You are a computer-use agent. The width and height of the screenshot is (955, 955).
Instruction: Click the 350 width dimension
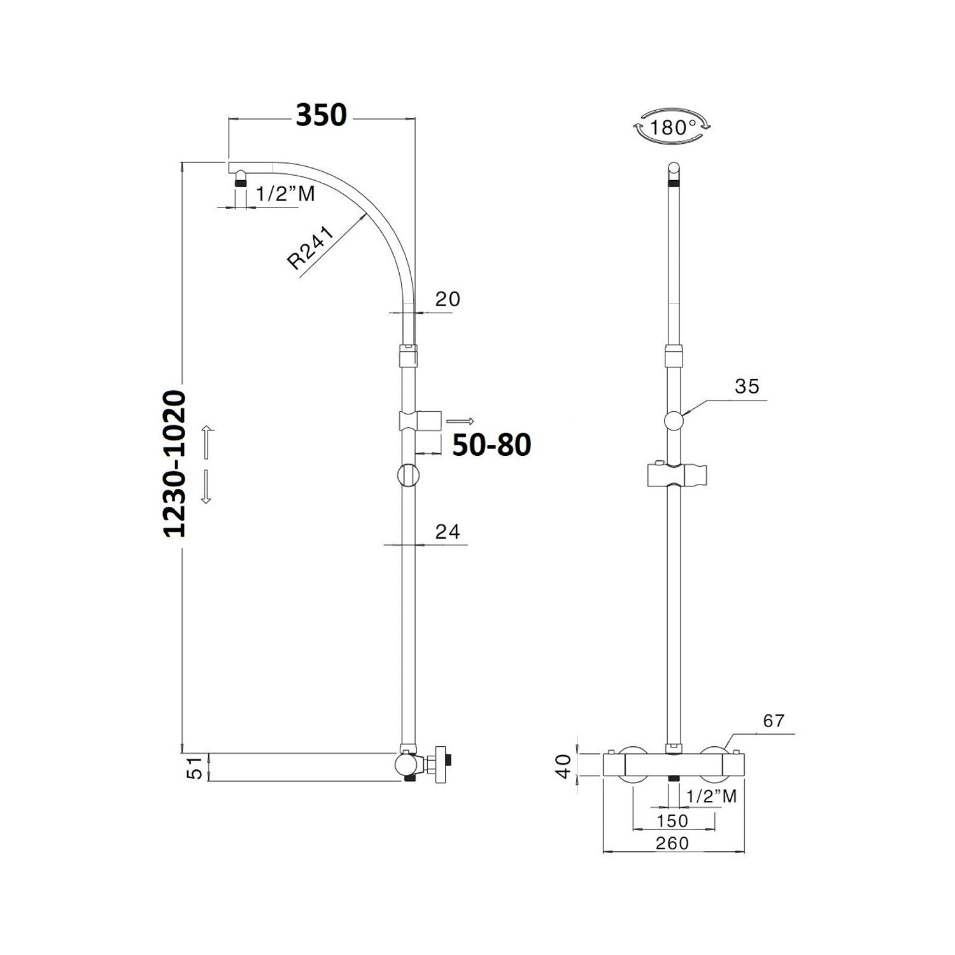pyautogui.click(x=322, y=115)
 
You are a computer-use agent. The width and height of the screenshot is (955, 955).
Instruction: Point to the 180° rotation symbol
pyautogui.click(x=672, y=127)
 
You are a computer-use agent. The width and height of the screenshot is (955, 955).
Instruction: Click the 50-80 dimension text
pyautogui.click(x=492, y=446)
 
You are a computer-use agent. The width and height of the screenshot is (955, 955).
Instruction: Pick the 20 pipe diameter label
pyautogui.click(x=448, y=299)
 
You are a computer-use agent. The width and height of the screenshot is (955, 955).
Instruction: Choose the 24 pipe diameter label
pyautogui.click(x=448, y=531)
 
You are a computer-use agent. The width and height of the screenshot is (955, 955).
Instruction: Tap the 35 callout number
pyautogui.click(x=747, y=386)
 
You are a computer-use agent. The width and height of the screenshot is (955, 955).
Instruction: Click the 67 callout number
pyautogui.click(x=774, y=721)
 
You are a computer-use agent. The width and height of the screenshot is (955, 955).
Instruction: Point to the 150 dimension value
pyautogui.click(x=672, y=821)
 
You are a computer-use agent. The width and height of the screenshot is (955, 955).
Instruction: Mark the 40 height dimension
pyautogui.click(x=562, y=765)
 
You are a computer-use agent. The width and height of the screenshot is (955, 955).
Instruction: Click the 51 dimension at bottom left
pyautogui.click(x=197, y=767)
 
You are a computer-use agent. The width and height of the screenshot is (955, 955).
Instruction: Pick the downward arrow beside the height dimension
pyautogui.click(x=206, y=488)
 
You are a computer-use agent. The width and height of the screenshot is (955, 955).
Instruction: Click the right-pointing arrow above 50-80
pyautogui.click(x=460, y=421)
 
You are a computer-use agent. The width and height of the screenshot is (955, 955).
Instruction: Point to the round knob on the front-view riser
pyautogui.click(x=674, y=420)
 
